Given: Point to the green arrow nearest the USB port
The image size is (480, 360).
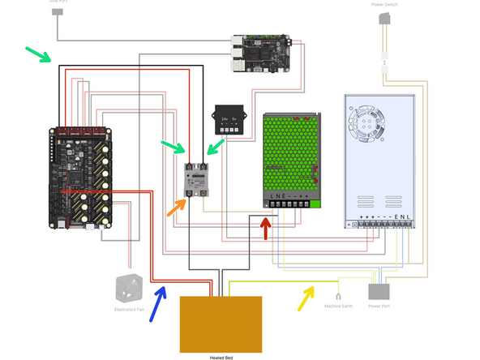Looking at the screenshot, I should pos(39,55).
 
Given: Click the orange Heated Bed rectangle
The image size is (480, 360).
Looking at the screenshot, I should pos(221,322).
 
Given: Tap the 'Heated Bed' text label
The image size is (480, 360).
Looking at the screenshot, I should pos(221,355).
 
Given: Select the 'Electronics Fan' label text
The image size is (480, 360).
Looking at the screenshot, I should pos(128,310).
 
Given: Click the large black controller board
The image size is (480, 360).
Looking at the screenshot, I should pos(82,175).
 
